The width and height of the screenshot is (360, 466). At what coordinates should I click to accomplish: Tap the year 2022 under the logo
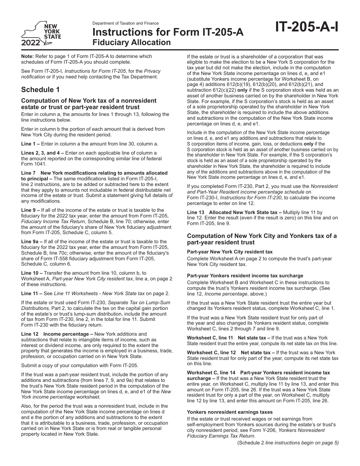[31, 42]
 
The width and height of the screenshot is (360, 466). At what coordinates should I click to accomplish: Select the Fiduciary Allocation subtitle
[131, 42]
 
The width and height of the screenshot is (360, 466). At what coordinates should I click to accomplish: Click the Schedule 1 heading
[40, 89]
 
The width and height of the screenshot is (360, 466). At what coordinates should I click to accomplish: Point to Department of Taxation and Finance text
[125, 23]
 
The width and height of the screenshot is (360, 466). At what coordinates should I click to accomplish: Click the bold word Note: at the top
[27, 56]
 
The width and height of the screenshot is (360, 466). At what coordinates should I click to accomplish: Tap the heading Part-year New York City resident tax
[230, 252]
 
